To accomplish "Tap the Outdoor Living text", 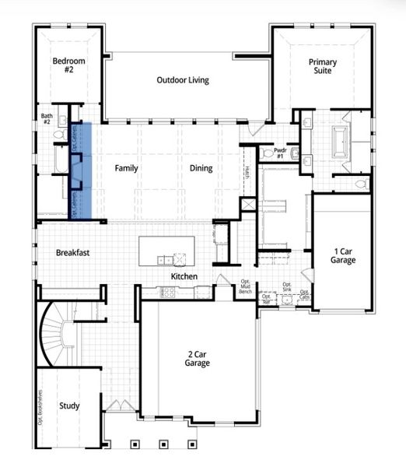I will [183, 80].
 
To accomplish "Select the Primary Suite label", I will [323, 66].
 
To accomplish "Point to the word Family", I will [127, 168].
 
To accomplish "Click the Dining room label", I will [201, 168].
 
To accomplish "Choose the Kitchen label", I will [184, 276].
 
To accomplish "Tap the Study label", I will [69, 406].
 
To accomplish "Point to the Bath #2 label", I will [46, 119].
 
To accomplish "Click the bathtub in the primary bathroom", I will [343, 141].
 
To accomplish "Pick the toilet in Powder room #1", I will [295, 153].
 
